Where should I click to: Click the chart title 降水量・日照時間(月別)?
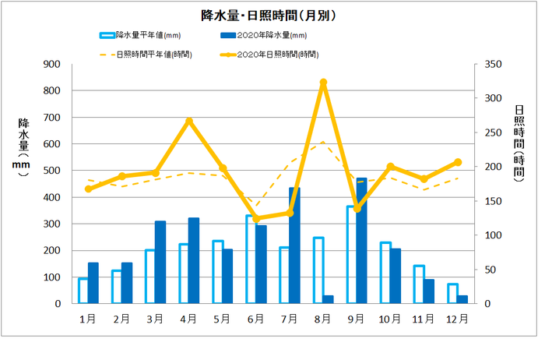click(268, 15)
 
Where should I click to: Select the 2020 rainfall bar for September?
click(361, 241)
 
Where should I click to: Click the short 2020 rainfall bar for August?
click(328, 299)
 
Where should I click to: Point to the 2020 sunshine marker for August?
click(323, 83)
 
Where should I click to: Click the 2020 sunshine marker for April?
click(189, 122)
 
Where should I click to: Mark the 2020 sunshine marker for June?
click(256, 218)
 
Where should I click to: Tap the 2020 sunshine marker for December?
click(458, 162)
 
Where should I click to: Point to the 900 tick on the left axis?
click(54, 65)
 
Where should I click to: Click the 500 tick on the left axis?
click(54, 171)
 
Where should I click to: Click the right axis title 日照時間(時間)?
click(519, 144)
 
